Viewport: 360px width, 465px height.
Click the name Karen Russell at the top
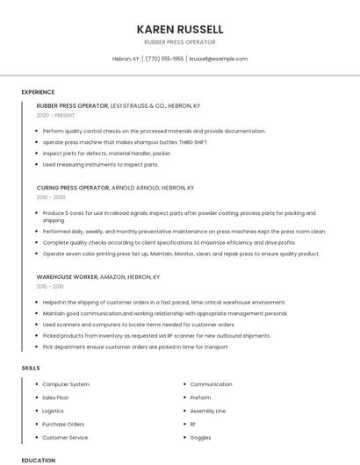pyautogui.click(x=180, y=29)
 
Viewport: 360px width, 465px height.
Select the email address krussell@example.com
pyautogui.click(x=219, y=59)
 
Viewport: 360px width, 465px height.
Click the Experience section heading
pyautogui.click(x=38, y=92)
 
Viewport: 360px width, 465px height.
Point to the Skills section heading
pyautogui.click(x=31, y=368)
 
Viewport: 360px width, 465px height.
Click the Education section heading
pyautogui.click(x=38, y=460)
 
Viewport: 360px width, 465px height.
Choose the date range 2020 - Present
pyautogui.click(x=55, y=115)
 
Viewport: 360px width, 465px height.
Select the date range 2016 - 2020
pyautogui.click(x=51, y=197)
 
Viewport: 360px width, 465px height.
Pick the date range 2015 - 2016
pyautogui.click(x=50, y=286)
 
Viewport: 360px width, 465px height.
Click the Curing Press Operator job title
pyautogui.click(x=73, y=188)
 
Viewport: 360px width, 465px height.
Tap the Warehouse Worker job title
pyautogui.click(x=68, y=276)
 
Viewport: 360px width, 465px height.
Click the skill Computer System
pyautogui.click(x=66, y=384)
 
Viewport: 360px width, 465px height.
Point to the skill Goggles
pyautogui.click(x=200, y=437)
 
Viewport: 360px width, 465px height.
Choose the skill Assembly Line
pyautogui.click(x=207, y=411)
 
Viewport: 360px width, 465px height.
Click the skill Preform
pyautogui.click(x=201, y=397)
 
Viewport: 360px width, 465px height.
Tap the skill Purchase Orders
pyautogui.click(x=63, y=424)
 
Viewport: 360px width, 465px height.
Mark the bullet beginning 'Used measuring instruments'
pyautogui.click(x=100, y=164)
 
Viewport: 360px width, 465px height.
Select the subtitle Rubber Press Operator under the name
pyautogui.click(x=180, y=42)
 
